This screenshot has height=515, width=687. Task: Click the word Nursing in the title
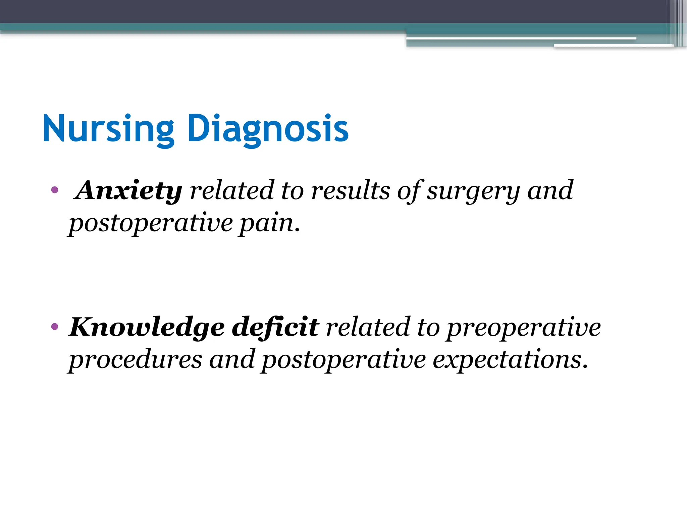click(x=108, y=129)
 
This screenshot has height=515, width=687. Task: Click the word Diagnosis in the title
click(x=268, y=129)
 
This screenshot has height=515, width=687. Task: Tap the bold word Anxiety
click(x=128, y=190)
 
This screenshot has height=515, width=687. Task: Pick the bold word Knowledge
click(x=147, y=327)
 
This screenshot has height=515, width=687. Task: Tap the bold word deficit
click(x=275, y=327)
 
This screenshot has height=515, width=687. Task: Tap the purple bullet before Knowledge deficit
click(x=55, y=326)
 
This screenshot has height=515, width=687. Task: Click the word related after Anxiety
click(x=232, y=190)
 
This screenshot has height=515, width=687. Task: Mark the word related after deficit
click(x=368, y=327)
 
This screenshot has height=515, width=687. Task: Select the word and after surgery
click(x=550, y=190)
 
